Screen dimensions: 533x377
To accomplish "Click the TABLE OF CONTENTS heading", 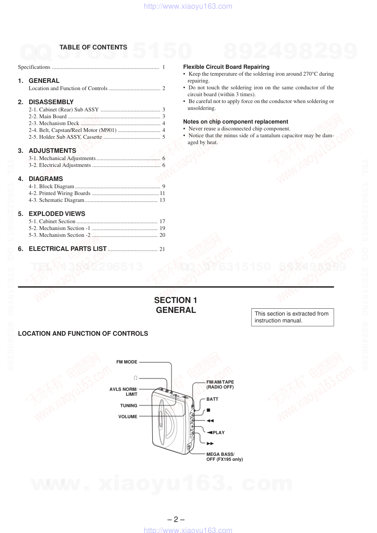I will (93, 47).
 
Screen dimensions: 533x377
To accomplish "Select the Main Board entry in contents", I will (53, 116).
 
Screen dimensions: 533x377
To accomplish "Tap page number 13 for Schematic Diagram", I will (162, 200).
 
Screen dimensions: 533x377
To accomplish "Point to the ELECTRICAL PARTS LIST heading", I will (68, 249).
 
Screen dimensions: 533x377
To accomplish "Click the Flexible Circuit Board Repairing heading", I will (226, 67).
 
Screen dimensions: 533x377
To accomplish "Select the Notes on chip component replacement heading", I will (236, 122).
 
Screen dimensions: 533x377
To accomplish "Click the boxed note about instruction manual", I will (292, 317).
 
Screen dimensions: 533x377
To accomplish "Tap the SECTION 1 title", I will (176, 300).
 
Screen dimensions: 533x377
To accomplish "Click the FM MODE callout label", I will (127, 362).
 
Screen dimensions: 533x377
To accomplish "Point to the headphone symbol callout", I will (135, 378).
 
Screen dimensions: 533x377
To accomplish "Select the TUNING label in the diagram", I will (128, 406).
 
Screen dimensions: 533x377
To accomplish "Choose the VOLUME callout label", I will (128, 417).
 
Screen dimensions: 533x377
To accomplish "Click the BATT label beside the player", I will (212, 399).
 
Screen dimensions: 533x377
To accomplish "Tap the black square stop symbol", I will (208, 410).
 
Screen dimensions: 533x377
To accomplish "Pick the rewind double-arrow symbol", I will (210, 421).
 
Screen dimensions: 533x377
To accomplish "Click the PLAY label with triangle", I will (216, 433).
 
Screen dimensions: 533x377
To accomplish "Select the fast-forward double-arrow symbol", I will (210, 443).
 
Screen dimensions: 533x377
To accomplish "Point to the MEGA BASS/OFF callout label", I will (224, 457).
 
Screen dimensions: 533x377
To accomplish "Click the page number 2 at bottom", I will (176, 519).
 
